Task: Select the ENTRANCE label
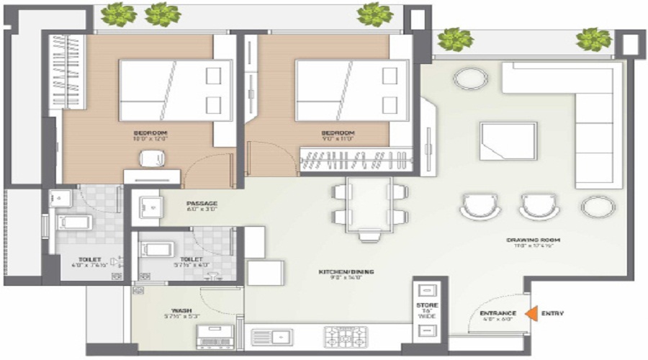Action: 498,314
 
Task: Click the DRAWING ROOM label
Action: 533,240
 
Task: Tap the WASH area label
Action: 172,311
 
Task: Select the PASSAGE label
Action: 202,203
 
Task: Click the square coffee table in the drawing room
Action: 508,141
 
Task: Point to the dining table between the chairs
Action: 368,204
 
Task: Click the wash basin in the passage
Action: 150,206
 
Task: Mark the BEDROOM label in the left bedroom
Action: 150,134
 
